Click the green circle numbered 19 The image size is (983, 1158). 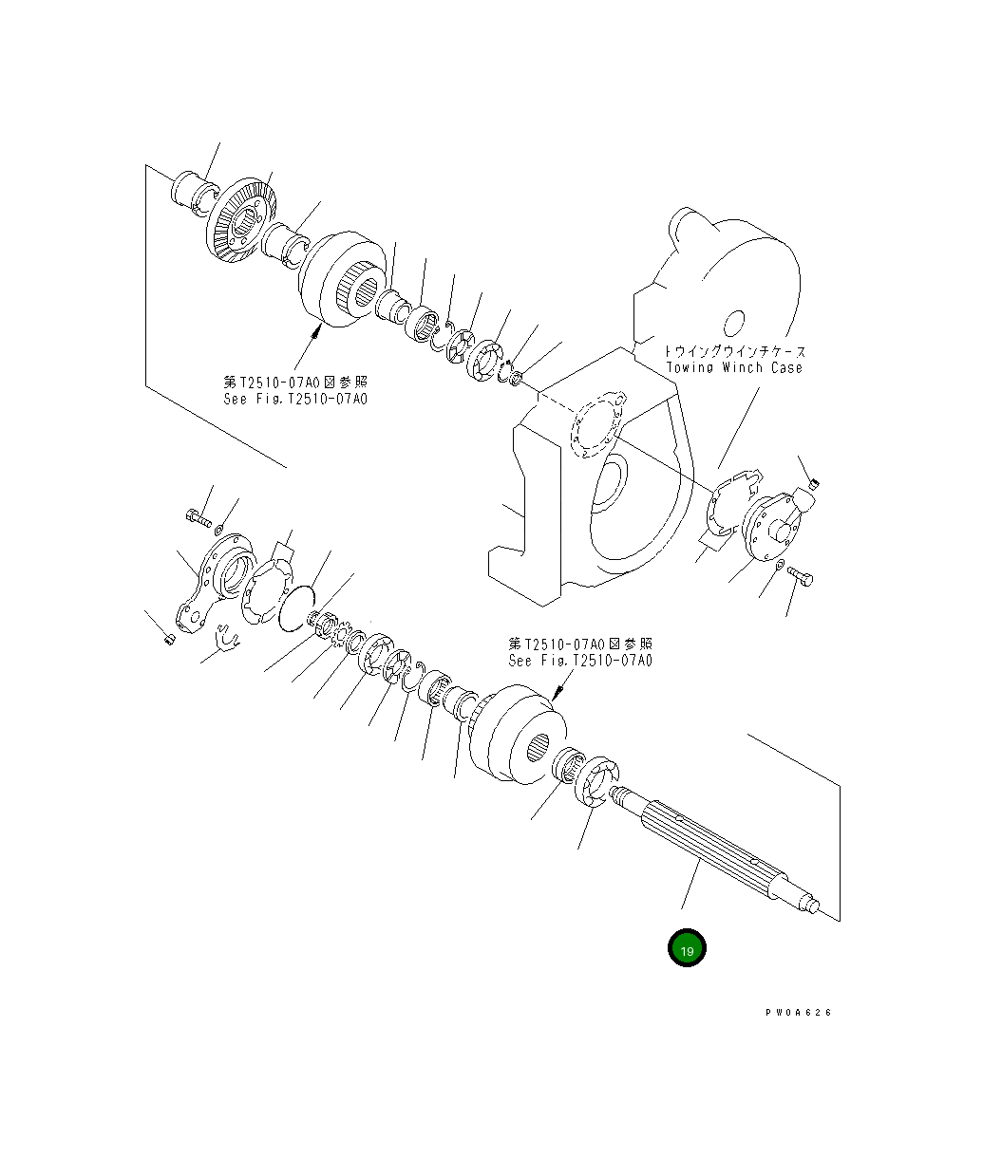click(x=687, y=948)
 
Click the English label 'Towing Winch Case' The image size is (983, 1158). click(x=733, y=367)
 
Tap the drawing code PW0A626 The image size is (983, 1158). click(x=798, y=1013)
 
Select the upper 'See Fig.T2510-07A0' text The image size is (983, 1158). click(x=295, y=399)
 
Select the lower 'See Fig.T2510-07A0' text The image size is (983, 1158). click(x=580, y=661)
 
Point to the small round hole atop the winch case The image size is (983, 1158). click(x=736, y=325)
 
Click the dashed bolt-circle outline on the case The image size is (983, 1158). click(x=595, y=424)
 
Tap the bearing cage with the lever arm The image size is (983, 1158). click(x=217, y=581)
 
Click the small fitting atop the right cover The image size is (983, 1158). click(x=812, y=488)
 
